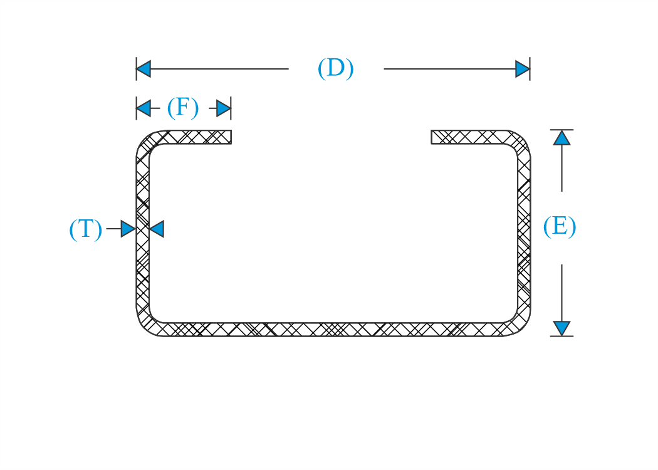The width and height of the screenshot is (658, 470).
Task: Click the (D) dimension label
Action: (x=335, y=68)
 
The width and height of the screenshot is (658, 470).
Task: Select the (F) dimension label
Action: (x=182, y=107)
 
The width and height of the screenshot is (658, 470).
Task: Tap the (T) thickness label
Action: (x=86, y=229)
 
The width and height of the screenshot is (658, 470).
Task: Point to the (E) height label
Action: (x=560, y=227)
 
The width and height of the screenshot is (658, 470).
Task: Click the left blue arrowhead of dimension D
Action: (x=144, y=69)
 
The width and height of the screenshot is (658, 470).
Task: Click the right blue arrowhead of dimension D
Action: (x=523, y=69)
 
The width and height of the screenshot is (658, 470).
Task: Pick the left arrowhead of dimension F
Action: (x=144, y=108)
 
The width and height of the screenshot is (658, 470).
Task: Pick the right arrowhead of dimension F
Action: (x=224, y=108)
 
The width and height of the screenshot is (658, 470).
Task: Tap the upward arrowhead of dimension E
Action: (x=561, y=138)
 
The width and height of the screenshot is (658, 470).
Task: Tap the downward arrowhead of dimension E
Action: (x=561, y=328)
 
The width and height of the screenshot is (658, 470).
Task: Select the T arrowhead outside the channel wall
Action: (x=128, y=229)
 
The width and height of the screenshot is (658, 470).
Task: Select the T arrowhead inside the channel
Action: (x=157, y=229)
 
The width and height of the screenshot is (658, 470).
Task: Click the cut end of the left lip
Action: (x=231, y=137)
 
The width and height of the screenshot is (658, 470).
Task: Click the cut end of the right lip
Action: (x=431, y=137)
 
